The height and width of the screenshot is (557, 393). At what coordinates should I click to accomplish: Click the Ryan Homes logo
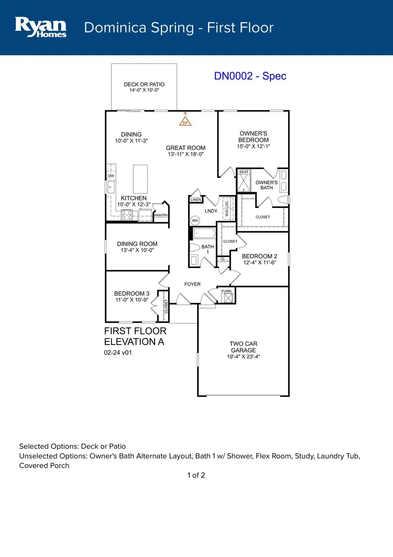point(41,27)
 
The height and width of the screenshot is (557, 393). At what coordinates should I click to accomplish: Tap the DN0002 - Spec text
point(250,76)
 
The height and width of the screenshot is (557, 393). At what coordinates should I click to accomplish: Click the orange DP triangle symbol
point(186,122)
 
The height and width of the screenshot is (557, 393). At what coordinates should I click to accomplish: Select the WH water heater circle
point(195,220)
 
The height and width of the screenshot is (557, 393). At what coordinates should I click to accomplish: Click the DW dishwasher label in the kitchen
point(111,176)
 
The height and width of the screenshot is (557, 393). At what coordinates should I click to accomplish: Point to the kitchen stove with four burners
point(127,215)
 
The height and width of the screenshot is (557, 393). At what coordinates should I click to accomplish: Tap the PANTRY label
point(161,216)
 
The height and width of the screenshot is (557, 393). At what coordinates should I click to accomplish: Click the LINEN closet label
point(196,200)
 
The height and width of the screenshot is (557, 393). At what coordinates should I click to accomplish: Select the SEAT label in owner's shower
point(244,172)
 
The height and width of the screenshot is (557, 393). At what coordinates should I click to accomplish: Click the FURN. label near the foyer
point(227,291)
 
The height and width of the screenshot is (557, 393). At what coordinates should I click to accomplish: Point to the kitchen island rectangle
point(141,179)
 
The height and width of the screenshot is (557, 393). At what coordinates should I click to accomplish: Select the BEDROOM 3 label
point(132,293)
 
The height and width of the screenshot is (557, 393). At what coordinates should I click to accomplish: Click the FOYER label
point(192,284)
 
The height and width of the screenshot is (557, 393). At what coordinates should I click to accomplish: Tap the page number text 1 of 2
point(196,475)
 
